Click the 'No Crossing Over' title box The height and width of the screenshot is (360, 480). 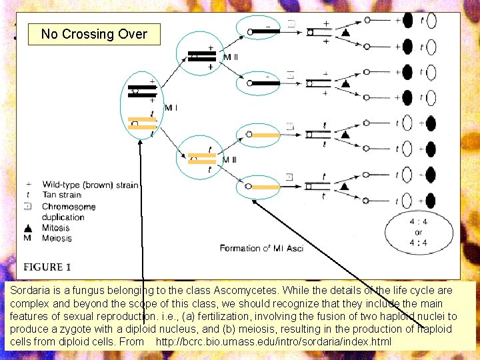click(93, 34)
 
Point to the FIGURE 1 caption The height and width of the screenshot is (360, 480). click(47, 267)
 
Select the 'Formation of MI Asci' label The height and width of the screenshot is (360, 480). click(261, 248)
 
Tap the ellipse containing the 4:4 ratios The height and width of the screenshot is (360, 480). click(419, 233)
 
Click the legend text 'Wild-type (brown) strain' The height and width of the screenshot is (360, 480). click(90, 184)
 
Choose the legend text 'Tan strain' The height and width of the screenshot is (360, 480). click(62, 195)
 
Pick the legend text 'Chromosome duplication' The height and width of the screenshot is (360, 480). click(69, 211)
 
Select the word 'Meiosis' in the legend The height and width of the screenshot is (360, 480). click(57, 238)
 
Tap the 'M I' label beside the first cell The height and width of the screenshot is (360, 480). click(171, 108)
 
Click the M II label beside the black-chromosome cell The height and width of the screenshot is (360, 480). click(231, 57)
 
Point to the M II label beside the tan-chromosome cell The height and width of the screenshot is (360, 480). click(230, 160)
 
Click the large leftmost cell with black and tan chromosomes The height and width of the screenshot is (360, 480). click(142, 105)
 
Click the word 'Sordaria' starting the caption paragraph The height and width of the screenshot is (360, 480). click(31, 291)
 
